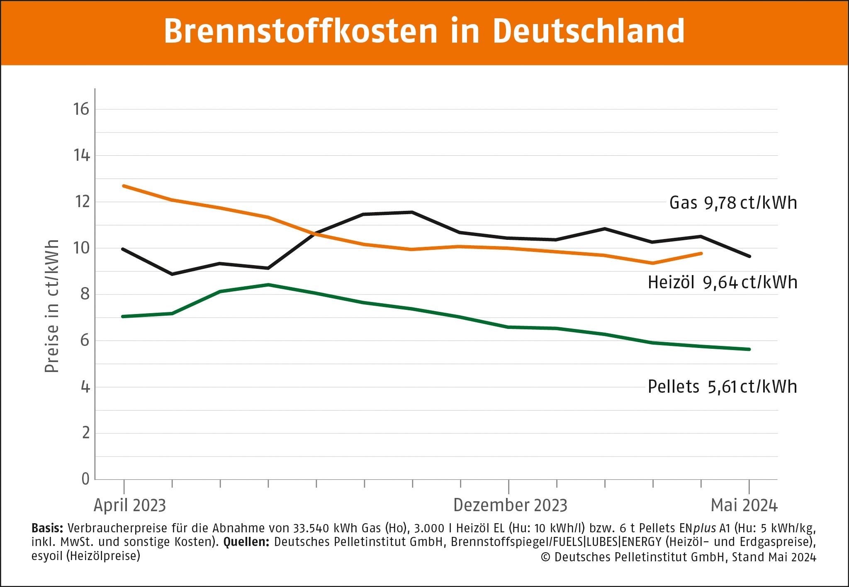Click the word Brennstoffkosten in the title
pos(301,31)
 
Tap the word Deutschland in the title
pos(589,31)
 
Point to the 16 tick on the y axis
pos(81,109)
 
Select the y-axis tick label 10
pos(81,248)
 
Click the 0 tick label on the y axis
pos(85,479)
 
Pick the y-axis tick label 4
pos(85,387)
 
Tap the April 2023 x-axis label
pos(130,505)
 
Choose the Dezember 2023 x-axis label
pos(510,505)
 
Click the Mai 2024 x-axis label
pos(744,505)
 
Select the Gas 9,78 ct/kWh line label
pos(733,203)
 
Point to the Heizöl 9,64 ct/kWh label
pos(723,283)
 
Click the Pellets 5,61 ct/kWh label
pos(722,387)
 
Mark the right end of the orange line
pos(701,253)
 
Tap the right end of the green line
pos(749,349)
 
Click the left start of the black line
pos(123,249)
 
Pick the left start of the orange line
pos(124,186)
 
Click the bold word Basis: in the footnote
pos(47,528)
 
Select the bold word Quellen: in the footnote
pos(246,542)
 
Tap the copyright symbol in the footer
pos(545,557)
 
